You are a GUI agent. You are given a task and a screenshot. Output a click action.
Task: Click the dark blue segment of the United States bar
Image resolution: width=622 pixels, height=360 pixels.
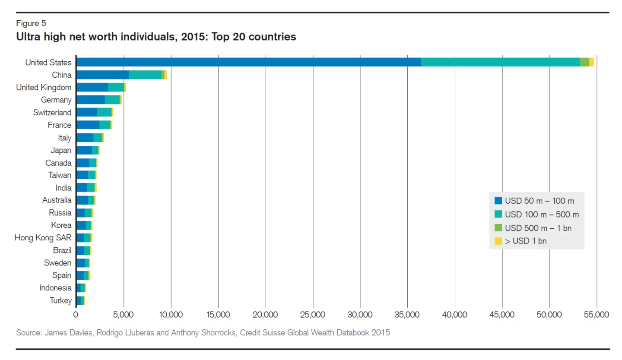point(248,62)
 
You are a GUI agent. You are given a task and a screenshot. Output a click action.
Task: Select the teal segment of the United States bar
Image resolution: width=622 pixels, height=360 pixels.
point(500,62)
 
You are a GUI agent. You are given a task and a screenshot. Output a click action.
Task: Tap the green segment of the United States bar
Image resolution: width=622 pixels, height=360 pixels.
point(584,62)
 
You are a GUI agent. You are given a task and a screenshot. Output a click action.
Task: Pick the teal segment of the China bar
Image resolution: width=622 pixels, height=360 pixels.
point(145,75)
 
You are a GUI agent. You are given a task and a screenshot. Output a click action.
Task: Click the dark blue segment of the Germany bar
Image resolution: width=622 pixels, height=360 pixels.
point(90,100)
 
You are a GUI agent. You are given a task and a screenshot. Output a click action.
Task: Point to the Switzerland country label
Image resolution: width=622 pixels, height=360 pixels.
point(52,112)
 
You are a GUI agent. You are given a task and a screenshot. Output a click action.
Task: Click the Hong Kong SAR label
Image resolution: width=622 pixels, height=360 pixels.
point(43,237)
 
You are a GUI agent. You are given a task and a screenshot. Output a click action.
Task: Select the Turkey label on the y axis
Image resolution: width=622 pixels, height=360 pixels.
point(60,300)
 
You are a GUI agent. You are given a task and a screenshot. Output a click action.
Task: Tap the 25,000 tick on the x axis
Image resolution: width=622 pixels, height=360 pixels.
point(312,315)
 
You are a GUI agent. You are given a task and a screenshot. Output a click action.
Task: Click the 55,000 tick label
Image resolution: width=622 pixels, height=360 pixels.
point(596,315)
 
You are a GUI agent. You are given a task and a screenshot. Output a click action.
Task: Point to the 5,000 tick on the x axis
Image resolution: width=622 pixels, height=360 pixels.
point(124,315)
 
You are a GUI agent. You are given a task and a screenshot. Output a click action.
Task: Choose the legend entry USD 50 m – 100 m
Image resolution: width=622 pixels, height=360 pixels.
point(539,201)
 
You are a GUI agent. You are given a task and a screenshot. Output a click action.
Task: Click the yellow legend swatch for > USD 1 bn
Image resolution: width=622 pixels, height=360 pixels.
point(498,241)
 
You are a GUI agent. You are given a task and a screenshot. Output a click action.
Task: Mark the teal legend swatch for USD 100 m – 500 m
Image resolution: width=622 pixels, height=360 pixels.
point(498,214)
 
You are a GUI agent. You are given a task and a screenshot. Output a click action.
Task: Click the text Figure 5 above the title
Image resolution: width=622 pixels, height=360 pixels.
point(31,23)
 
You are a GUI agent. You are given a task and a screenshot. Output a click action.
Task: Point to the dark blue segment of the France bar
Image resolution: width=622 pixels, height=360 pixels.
point(88,125)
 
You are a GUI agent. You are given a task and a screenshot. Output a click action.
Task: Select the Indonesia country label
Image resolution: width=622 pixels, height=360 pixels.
point(55,287)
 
